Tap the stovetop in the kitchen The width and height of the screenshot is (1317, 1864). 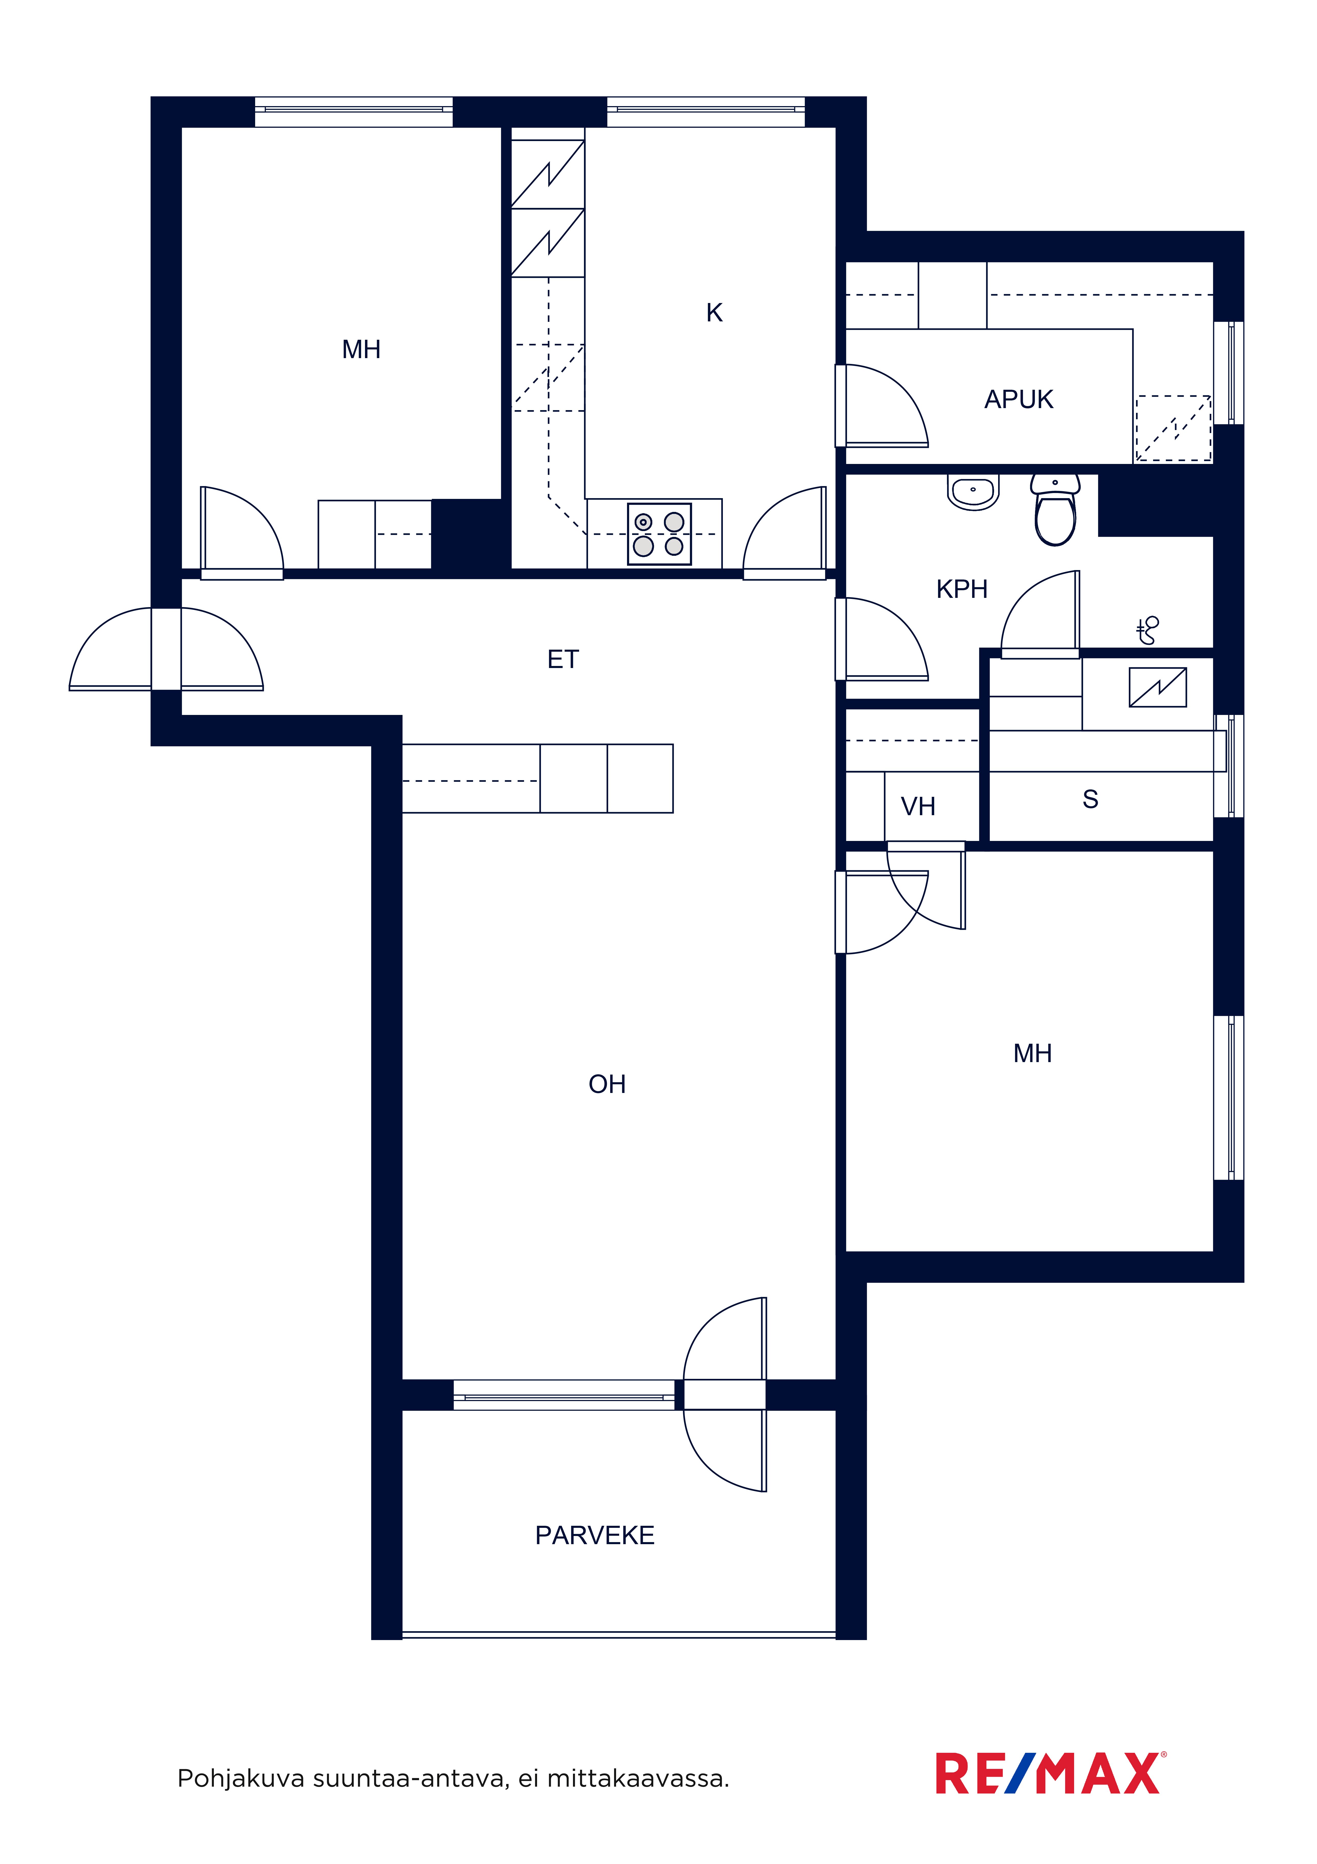click(x=659, y=533)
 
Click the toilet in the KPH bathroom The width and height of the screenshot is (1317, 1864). click(x=1055, y=510)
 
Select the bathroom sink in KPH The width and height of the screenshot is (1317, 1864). click(x=973, y=492)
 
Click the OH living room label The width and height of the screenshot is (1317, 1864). click(x=607, y=1084)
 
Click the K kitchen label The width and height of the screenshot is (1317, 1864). click(x=714, y=312)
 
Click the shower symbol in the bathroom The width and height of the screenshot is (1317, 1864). click(x=1148, y=630)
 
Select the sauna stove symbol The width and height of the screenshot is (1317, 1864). click(x=1158, y=687)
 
